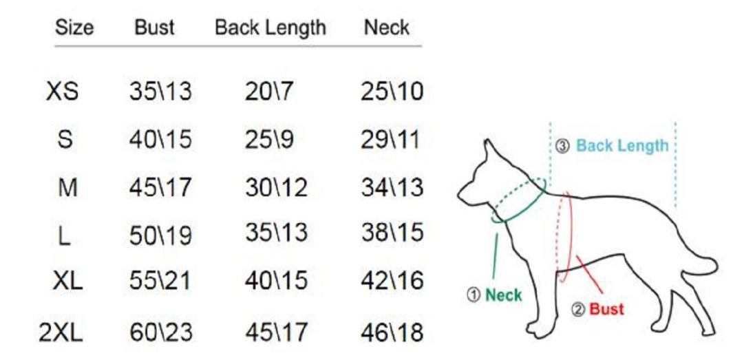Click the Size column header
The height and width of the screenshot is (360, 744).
click(74, 28)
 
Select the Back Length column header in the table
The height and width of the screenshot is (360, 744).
click(270, 28)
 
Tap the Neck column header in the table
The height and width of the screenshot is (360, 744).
click(387, 28)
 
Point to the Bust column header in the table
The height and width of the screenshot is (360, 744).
click(155, 28)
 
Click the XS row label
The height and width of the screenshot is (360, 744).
click(63, 92)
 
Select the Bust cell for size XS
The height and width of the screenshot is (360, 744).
click(160, 92)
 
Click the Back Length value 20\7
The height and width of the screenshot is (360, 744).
click(270, 92)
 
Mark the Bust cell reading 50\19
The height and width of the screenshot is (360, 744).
click(160, 235)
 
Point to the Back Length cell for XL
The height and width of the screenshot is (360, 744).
click(276, 281)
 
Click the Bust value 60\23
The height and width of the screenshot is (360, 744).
click(160, 333)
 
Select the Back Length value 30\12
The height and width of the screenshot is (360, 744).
click(276, 187)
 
